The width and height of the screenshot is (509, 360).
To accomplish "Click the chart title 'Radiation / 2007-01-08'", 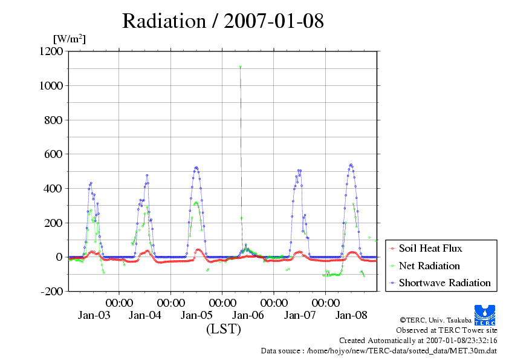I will (222, 21).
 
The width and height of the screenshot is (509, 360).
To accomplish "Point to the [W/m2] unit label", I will (69, 39).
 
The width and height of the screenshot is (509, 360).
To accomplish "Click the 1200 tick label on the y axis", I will (50, 52).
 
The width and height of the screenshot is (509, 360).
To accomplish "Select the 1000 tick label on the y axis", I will (50, 86).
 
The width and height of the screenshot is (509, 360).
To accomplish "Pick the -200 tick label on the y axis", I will (51, 292).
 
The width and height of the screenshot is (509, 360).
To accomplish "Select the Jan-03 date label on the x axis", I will (94, 315).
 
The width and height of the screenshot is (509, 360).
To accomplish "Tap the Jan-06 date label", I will (248, 315).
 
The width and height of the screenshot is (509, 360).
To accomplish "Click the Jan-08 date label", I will (351, 315).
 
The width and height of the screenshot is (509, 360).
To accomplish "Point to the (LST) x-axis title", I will (223, 330).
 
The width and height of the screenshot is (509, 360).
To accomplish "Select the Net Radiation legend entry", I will (429, 266).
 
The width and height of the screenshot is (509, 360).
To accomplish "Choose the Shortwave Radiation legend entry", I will (444, 283).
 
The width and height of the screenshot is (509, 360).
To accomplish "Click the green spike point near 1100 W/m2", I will (240, 67).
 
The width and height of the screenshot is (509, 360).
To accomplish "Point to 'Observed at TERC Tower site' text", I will (446, 330).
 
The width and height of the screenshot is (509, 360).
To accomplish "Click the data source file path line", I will (378, 350).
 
